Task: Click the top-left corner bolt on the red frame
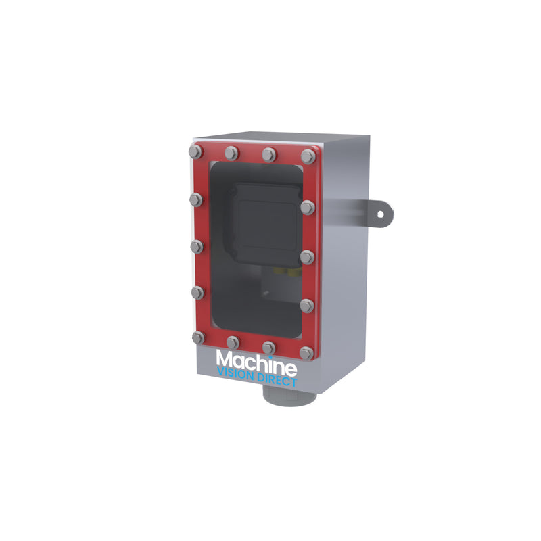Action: pyautogui.click(x=194, y=151)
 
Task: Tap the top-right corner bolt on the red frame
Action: pyautogui.click(x=309, y=156)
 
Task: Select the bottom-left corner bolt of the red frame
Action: pyautogui.click(x=197, y=337)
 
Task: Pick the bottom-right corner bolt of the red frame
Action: pyautogui.click(x=306, y=352)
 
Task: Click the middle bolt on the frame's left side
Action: pyautogui.click(x=195, y=247)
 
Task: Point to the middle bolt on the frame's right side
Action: pyautogui.click(x=307, y=256)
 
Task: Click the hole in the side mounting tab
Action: pyautogui.click(x=380, y=214)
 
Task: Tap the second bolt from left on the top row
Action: pyautogui.click(x=231, y=152)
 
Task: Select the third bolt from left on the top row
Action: pyautogui.click(x=269, y=154)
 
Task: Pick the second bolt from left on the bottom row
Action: pyautogui.click(x=233, y=342)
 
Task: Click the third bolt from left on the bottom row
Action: pyautogui.click(x=268, y=347)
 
